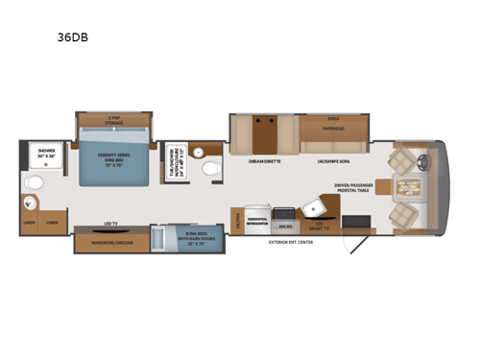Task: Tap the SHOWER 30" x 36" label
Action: click(x=46, y=153)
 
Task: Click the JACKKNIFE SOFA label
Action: click(x=334, y=160)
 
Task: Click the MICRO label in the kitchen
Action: click(x=285, y=228)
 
